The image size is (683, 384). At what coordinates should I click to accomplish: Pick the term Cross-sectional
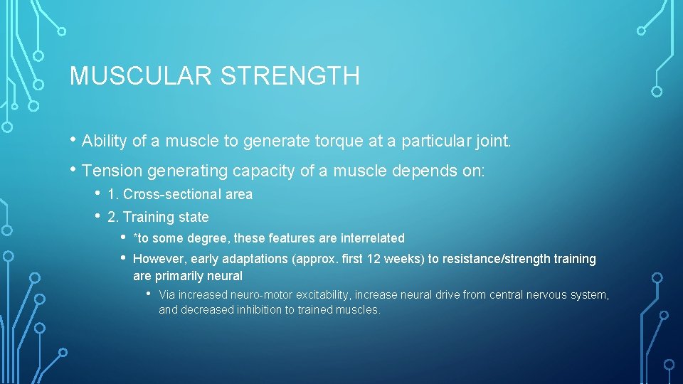(x=168, y=195)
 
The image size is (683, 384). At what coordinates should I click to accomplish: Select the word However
(x=159, y=259)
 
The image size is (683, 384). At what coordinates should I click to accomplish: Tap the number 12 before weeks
(x=374, y=259)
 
